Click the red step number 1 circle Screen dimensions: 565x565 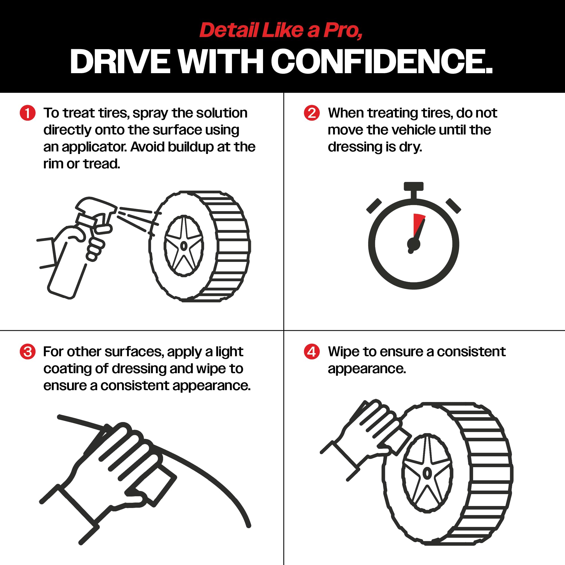28,113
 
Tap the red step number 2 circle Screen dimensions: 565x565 312,113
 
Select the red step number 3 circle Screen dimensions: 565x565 28,351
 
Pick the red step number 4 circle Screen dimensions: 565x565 312,351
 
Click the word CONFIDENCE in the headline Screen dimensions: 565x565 382,61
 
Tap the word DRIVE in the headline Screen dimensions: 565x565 120,61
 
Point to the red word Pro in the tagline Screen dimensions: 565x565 342,31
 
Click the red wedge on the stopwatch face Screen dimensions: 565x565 418,225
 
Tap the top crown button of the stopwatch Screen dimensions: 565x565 414,186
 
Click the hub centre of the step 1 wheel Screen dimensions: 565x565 184,246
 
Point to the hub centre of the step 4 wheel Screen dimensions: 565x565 427,473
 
